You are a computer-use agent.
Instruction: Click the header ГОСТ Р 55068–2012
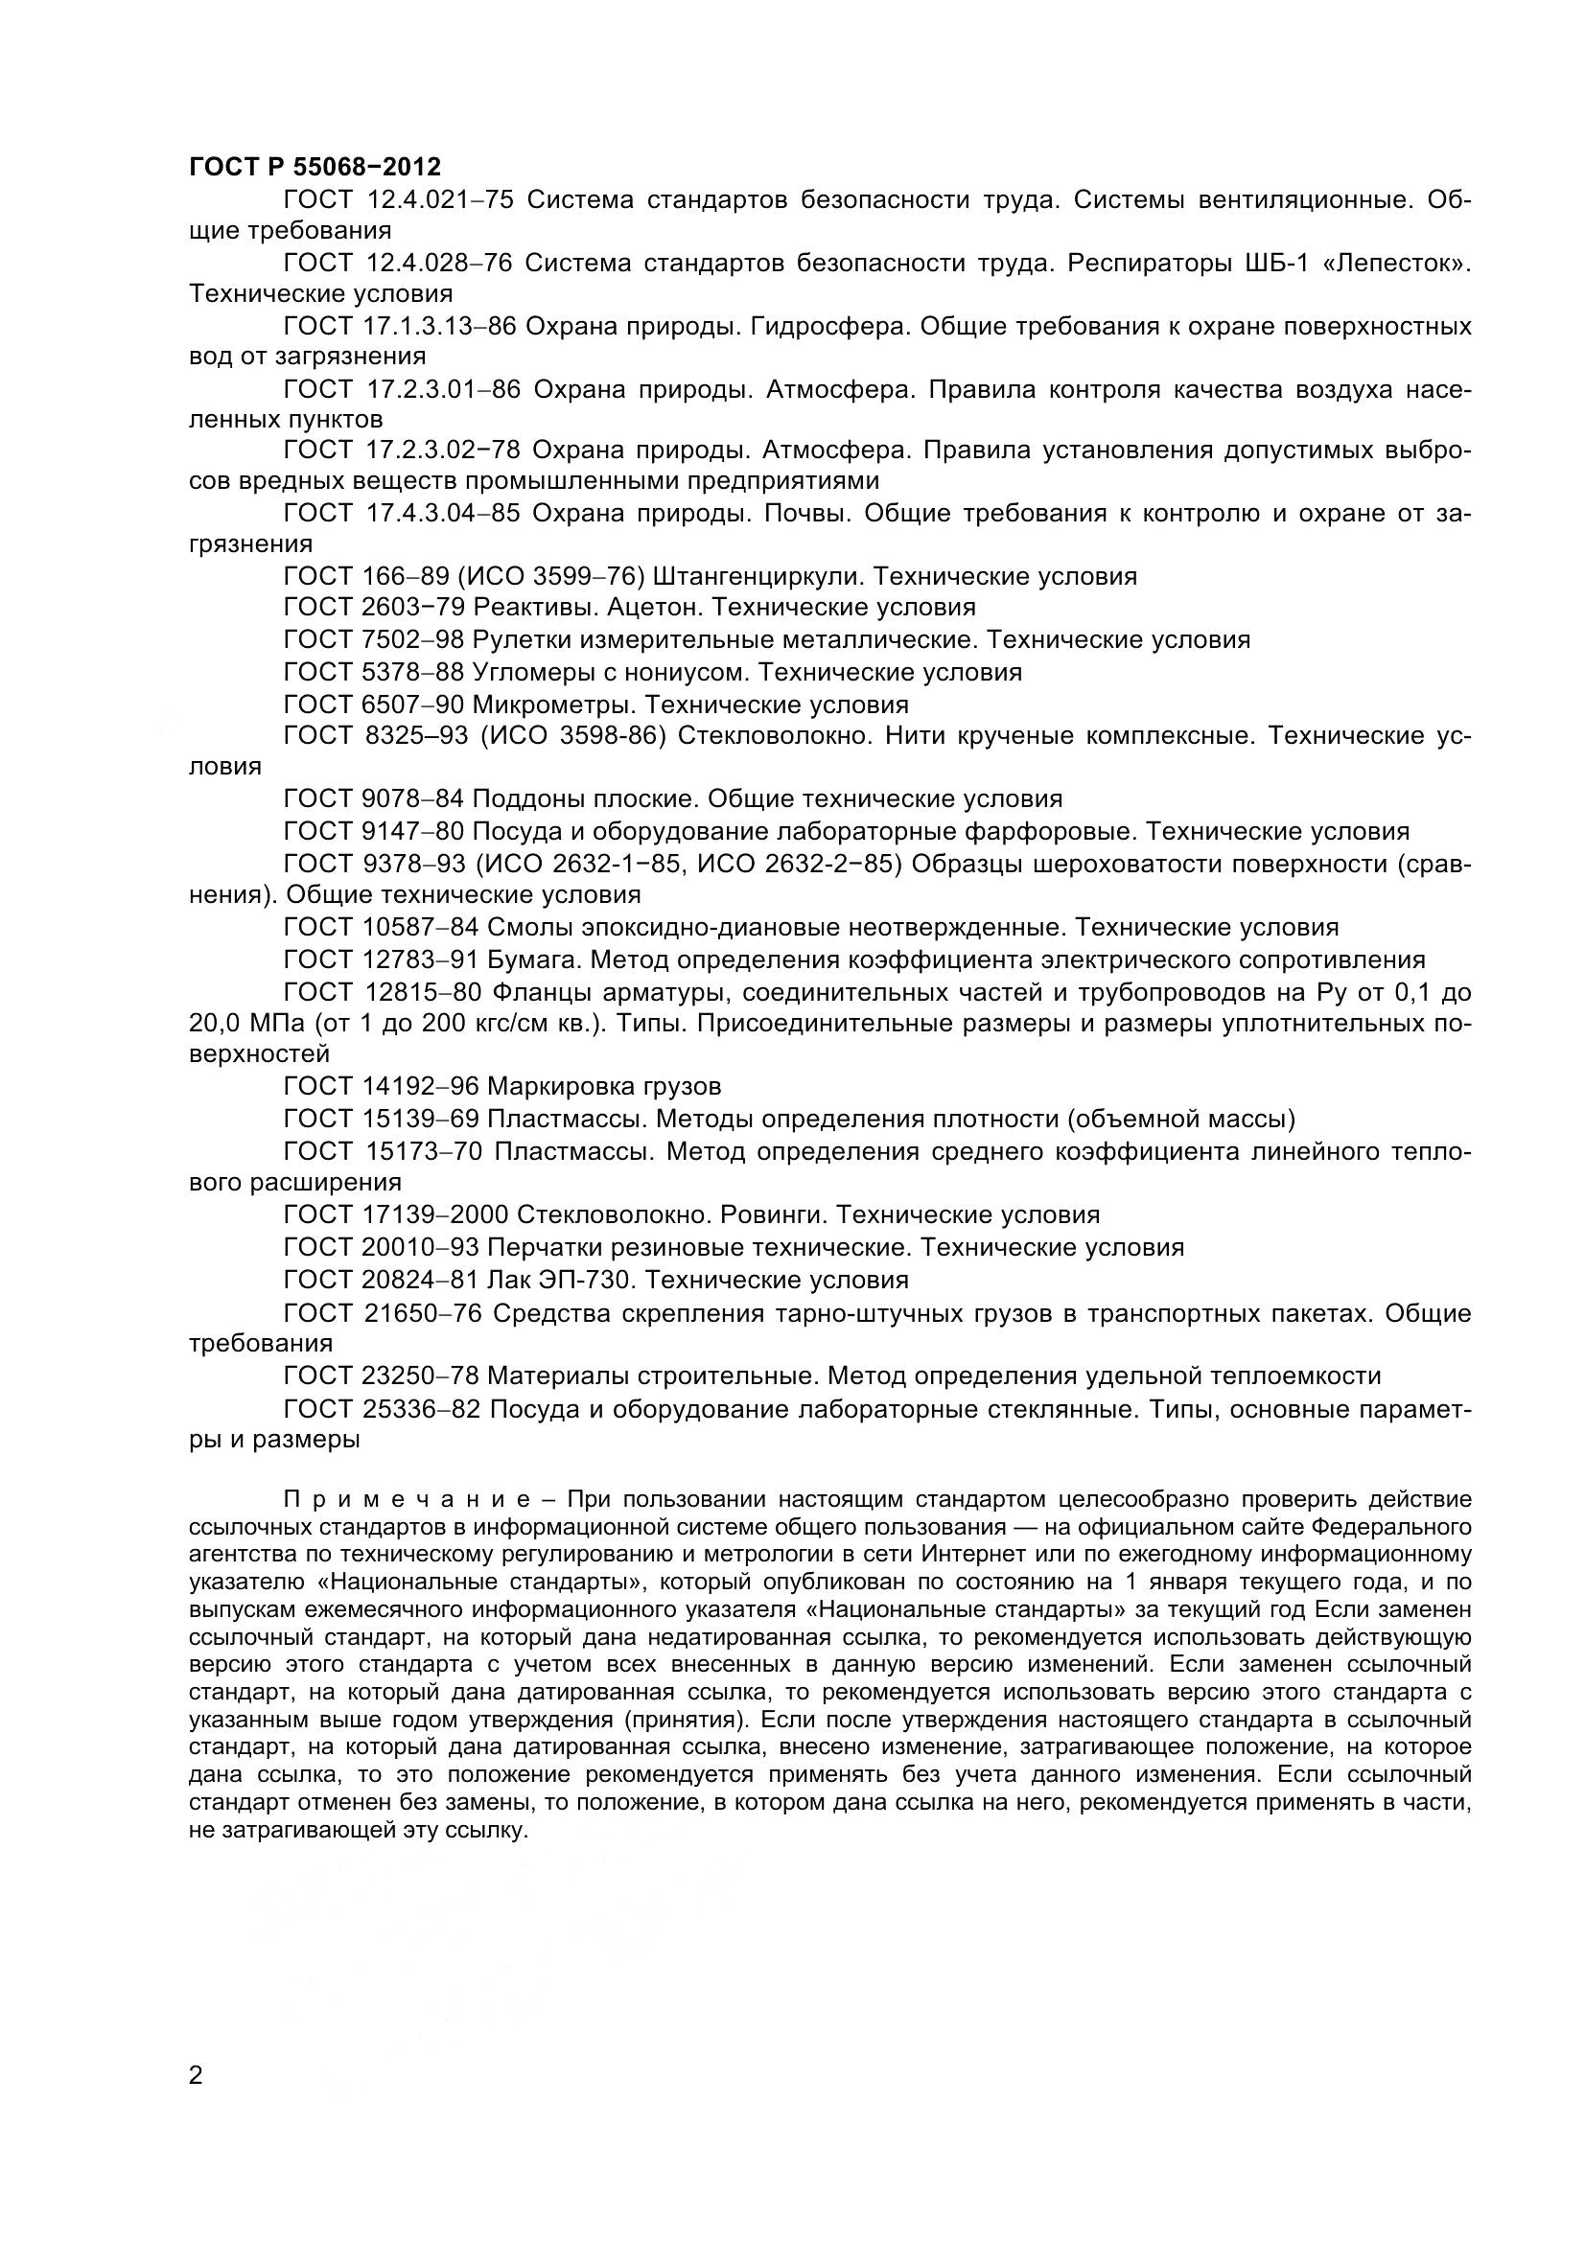point(315,166)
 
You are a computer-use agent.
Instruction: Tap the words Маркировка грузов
point(603,1086)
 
